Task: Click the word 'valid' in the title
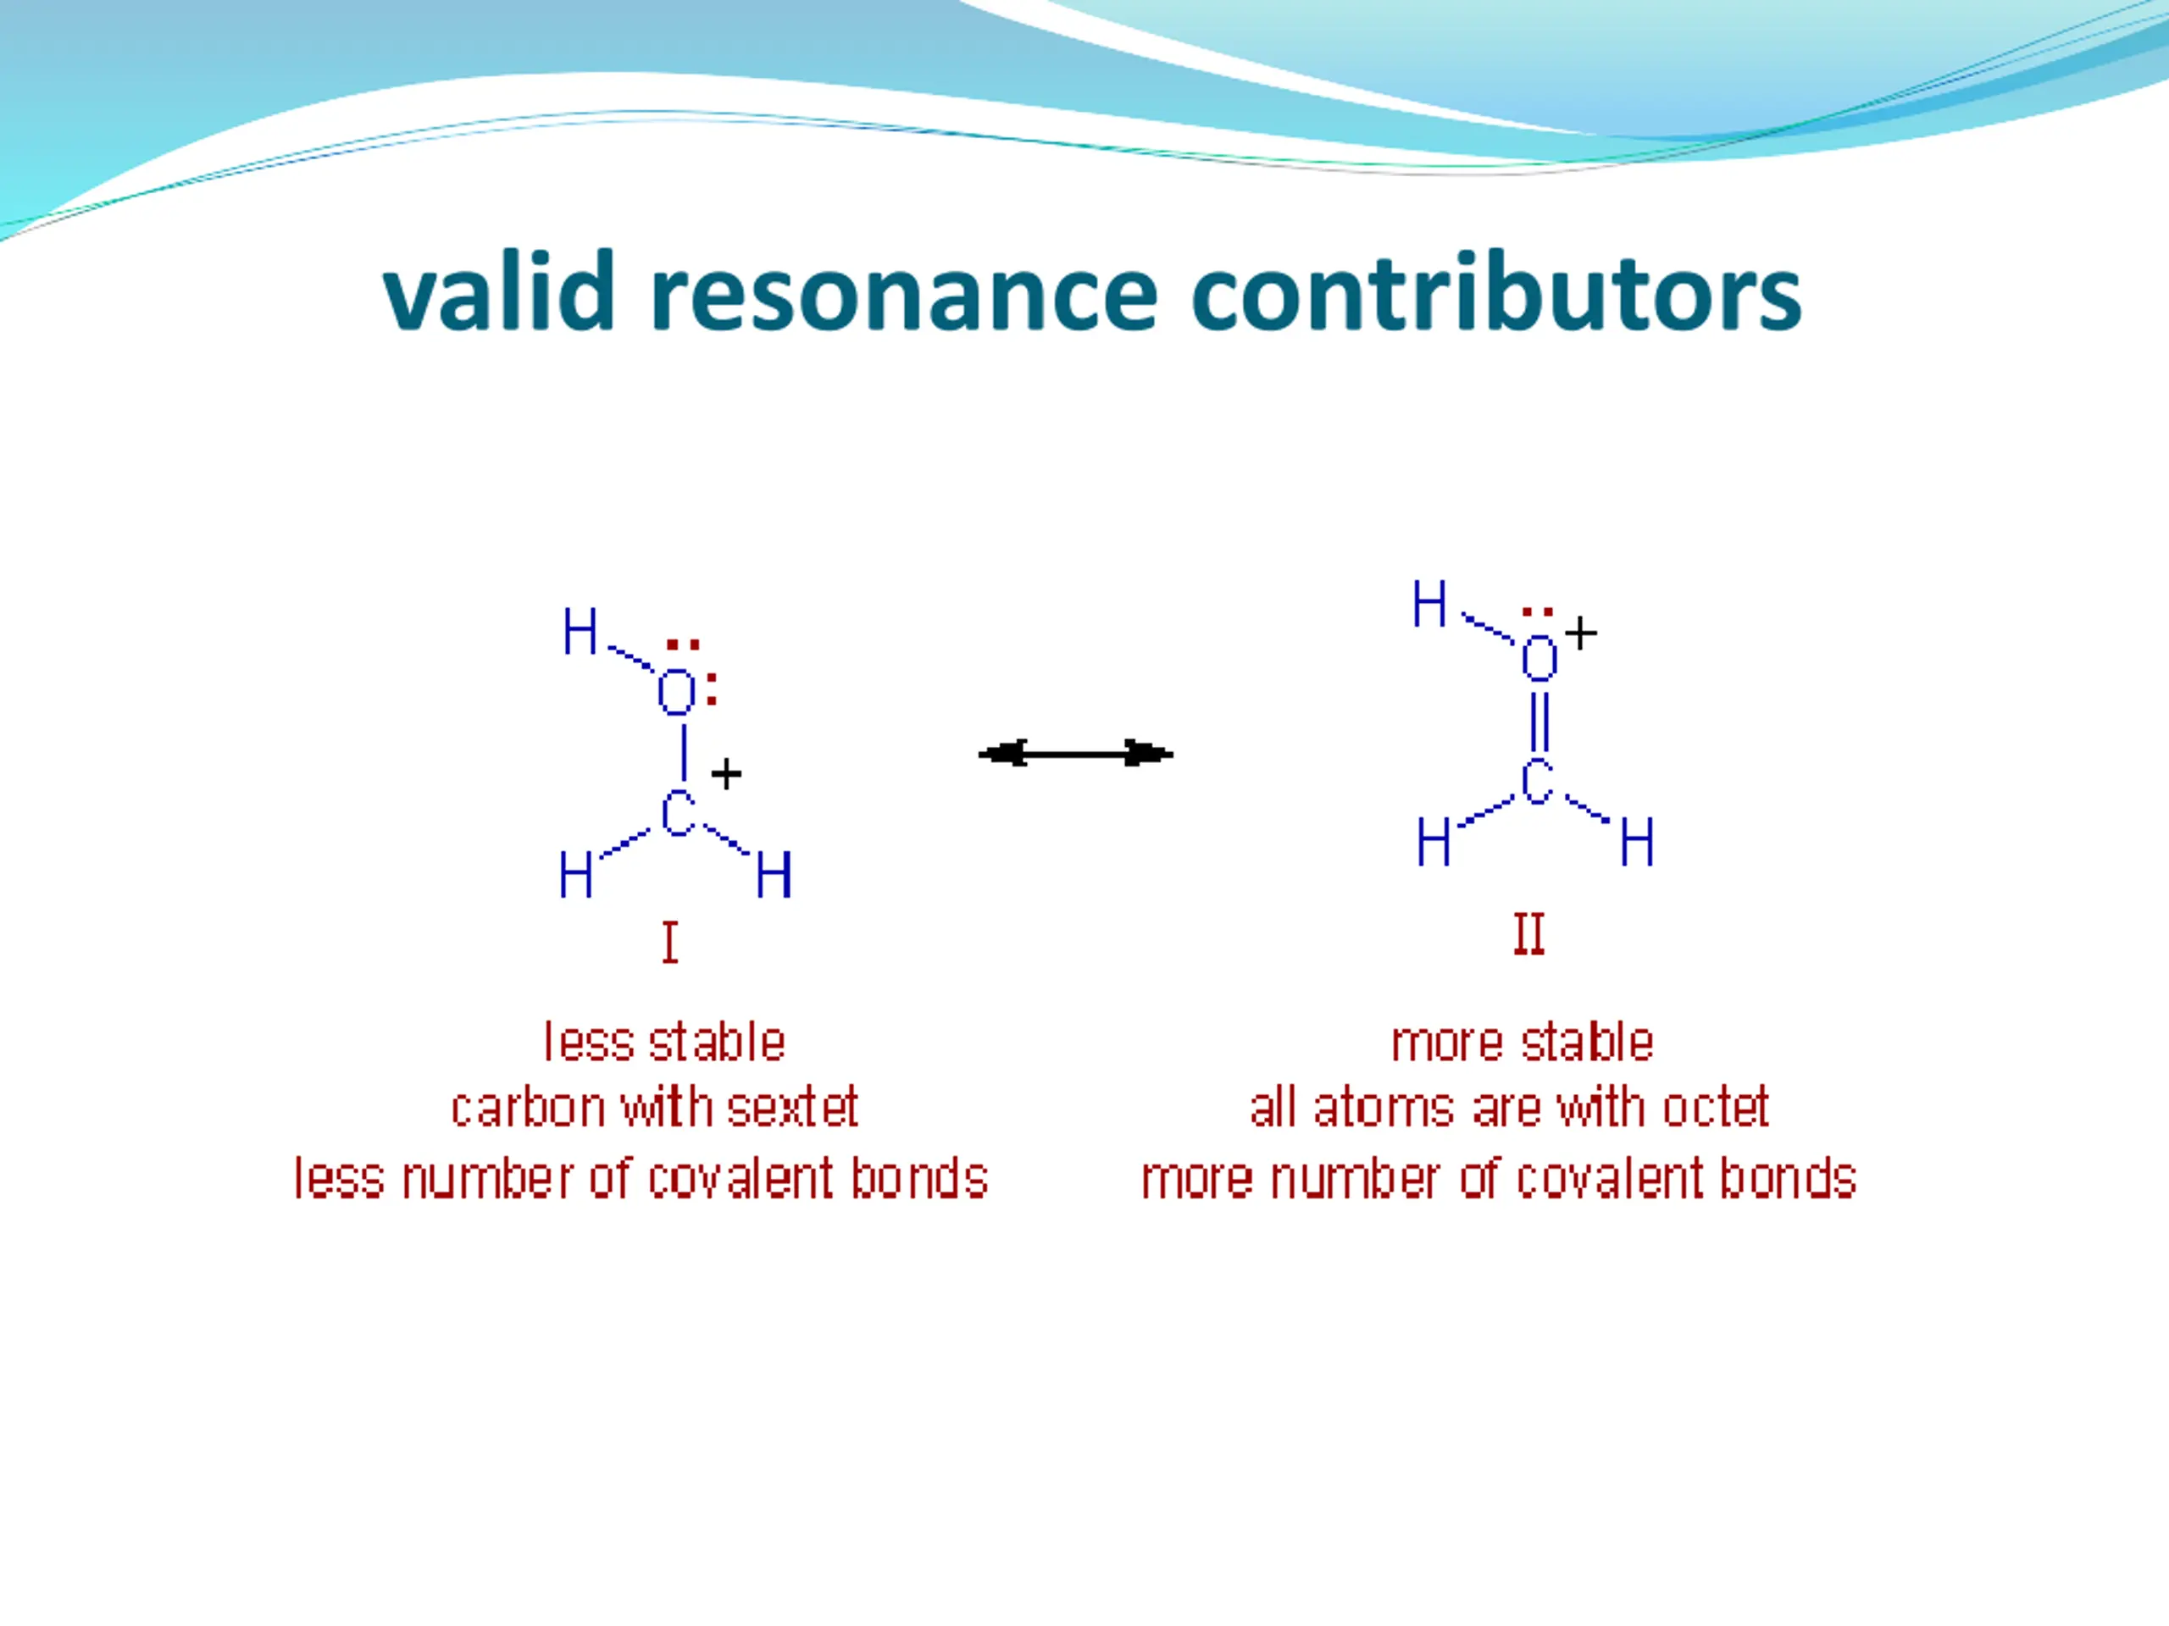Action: coord(498,291)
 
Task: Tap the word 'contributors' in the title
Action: coord(1496,291)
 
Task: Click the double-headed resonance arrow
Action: coord(1076,754)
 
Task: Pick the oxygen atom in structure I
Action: coord(675,693)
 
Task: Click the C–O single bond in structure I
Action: coord(684,753)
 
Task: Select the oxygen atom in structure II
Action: coord(1539,658)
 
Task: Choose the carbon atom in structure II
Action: coord(1537,783)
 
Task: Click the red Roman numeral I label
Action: coord(669,943)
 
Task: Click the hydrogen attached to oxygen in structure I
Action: coord(580,631)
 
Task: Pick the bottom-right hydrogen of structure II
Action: coord(1637,842)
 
